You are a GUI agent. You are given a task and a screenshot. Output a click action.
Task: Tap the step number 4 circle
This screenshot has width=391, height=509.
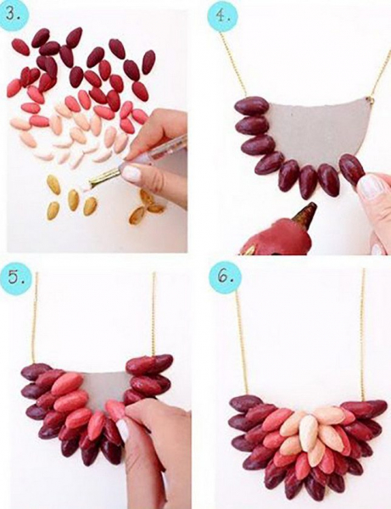click(222, 15)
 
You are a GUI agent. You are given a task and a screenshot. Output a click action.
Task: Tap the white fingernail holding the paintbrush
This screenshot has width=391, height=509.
click(131, 173)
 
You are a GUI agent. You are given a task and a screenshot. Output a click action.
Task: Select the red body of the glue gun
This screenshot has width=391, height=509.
click(279, 236)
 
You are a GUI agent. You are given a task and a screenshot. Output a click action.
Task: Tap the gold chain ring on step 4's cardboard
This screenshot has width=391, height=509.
click(370, 100)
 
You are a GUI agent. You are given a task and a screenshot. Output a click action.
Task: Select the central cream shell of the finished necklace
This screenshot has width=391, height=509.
click(310, 433)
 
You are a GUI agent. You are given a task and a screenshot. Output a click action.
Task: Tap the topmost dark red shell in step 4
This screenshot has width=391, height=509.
click(252, 106)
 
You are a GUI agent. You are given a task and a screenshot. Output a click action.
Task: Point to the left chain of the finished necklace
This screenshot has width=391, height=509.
click(242, 341)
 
